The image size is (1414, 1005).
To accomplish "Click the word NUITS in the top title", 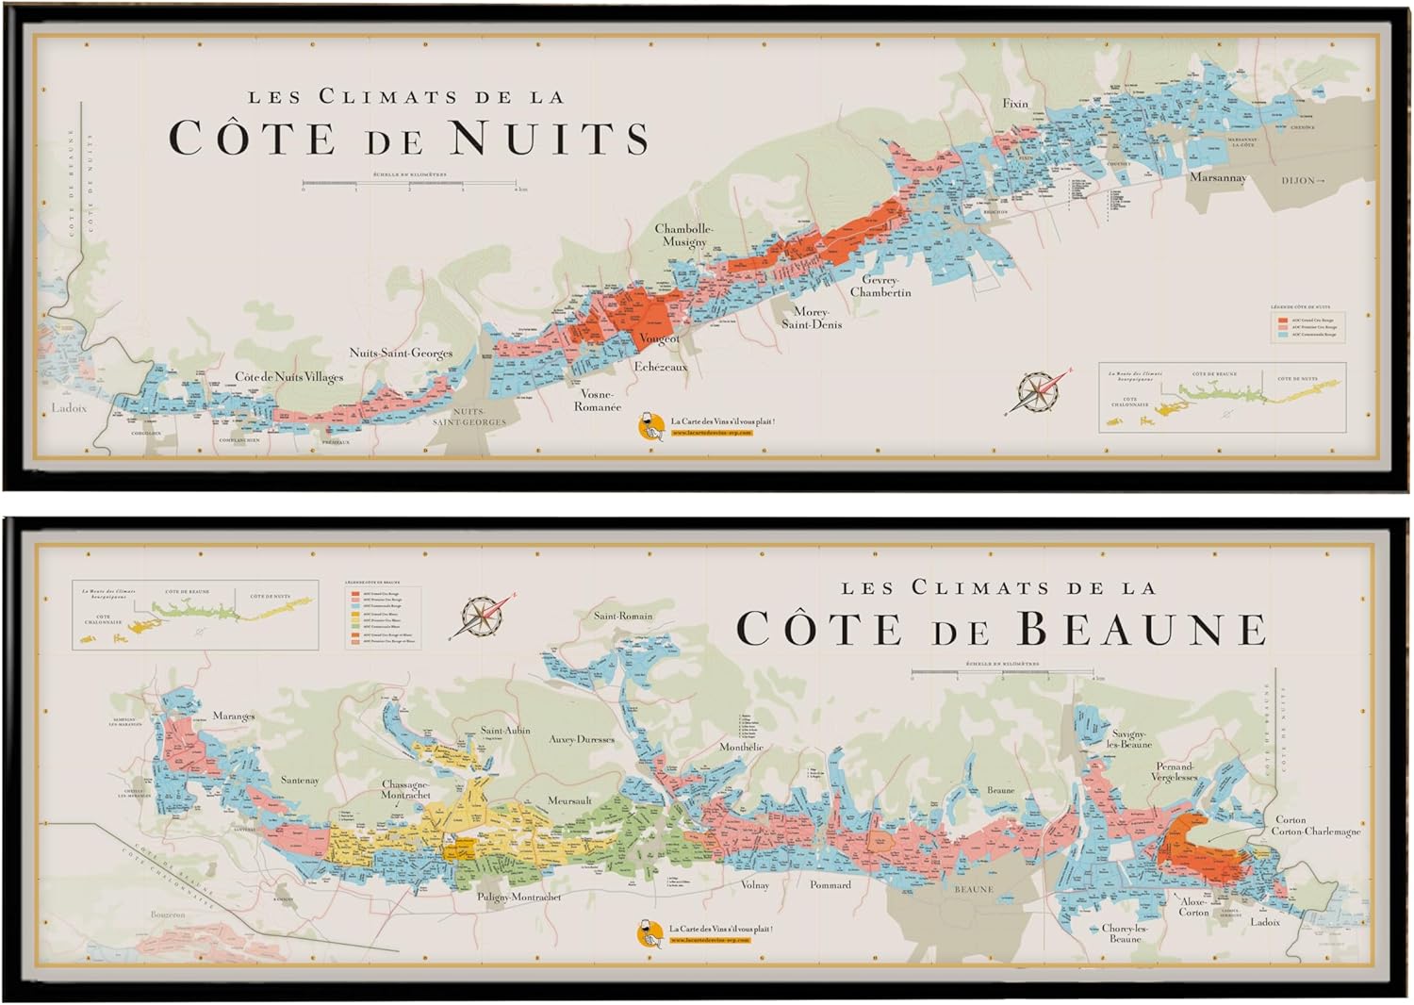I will coord(549,138).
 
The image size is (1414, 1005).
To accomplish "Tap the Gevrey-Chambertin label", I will coord(880,287).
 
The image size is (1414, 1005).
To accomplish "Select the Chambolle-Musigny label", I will coord(684,236).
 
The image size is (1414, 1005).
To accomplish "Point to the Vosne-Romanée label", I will coord(598,401).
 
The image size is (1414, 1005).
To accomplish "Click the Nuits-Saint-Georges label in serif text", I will coord(401,354).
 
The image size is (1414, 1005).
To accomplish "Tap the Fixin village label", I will coord(1015,104).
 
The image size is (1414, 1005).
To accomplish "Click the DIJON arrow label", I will coord(1303,180).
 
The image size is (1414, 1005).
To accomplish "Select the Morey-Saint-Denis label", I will coord(811,318).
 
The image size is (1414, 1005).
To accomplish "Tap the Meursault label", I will coord(569,800).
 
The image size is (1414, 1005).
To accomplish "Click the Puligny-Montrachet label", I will coord(518,897).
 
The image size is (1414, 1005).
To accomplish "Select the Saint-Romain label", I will coord(622,616).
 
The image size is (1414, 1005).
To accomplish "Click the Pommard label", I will coord(830,884).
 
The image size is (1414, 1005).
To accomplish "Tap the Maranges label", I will coord(233,716).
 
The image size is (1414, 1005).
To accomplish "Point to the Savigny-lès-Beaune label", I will coord(1130,738).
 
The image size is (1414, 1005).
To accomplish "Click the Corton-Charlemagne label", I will coord(1315,832).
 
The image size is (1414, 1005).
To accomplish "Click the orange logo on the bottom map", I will coord(649,933).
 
